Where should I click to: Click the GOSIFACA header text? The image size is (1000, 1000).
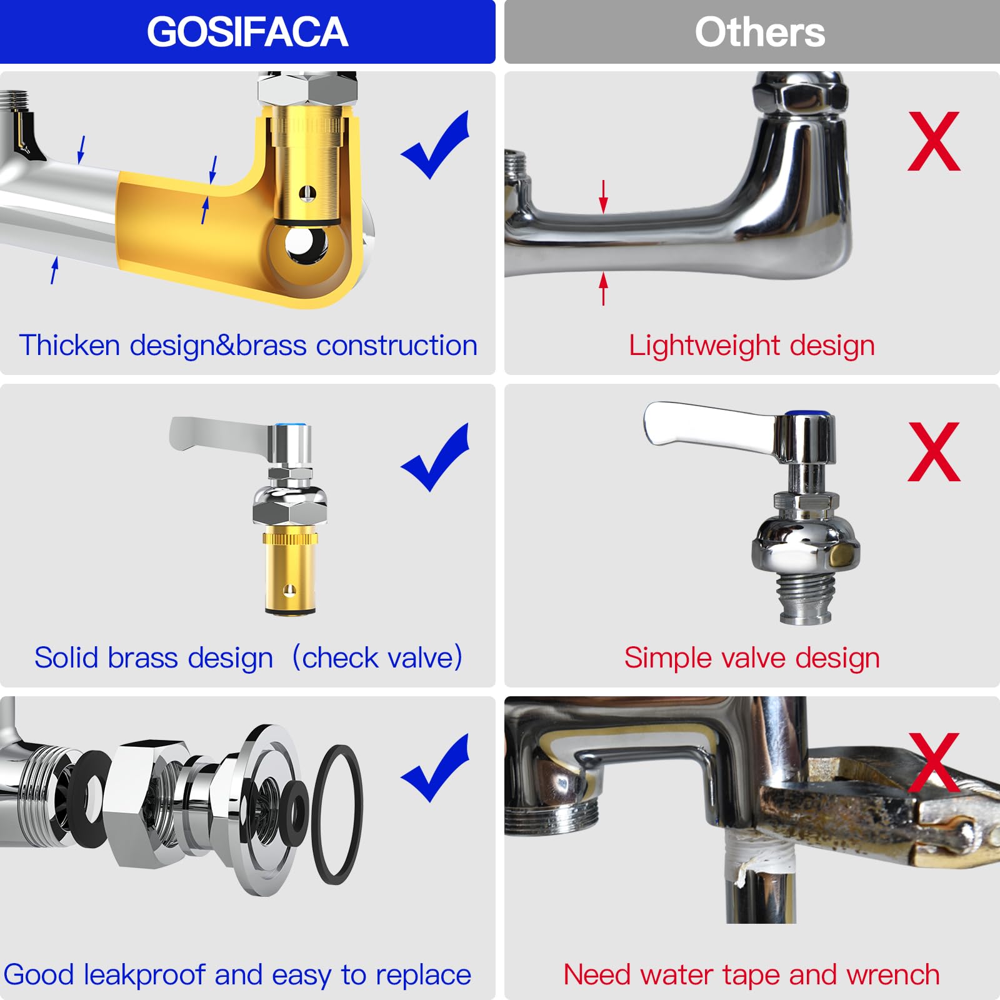[247, 32]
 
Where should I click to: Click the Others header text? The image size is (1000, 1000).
[759, 32]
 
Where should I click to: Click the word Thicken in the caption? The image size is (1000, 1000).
[69, 345]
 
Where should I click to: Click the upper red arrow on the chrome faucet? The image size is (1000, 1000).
[603, 196]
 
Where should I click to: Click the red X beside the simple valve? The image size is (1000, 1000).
[934, 451]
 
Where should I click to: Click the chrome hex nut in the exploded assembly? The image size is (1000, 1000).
[142, 804]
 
